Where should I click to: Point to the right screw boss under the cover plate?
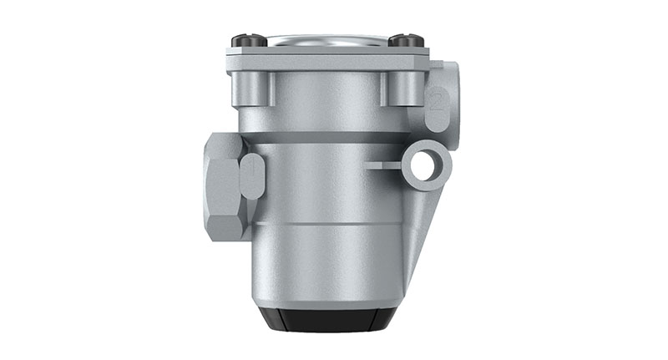click(399, 89)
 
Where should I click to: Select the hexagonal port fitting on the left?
click(224, 185)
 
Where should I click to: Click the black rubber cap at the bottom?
click(326, 319)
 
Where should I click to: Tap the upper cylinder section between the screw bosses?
click(326, 96)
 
